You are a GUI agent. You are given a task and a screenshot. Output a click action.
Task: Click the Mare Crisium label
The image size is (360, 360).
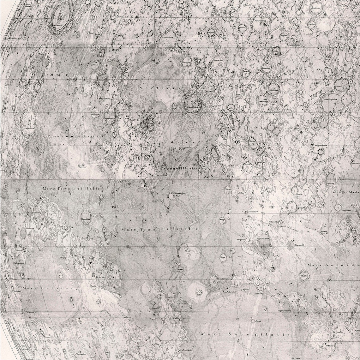click(x=49, y=288)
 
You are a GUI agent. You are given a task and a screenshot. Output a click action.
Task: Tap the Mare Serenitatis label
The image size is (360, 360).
click(x=241, y=334)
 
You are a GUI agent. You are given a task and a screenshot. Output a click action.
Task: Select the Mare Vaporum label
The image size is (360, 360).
click(x=333, y=265)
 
